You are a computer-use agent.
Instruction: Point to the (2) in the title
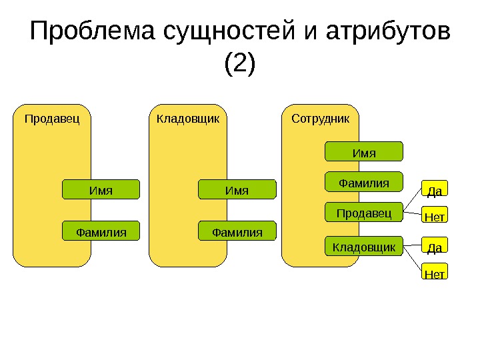[240, 65]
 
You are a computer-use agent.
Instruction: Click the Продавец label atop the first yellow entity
[52, 119]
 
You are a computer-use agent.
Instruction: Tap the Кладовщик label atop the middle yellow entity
[187, 119]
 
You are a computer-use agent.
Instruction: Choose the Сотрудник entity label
[321, 119]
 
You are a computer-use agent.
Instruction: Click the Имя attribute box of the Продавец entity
[101, 191]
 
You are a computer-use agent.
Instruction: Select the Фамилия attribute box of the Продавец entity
[101, 231]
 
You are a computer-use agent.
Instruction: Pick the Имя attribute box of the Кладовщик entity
[237, 191]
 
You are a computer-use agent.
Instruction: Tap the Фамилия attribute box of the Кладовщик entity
[237, 231]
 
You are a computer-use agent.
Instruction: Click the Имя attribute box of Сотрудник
[364, 152]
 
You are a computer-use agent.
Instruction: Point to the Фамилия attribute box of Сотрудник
[364, 182]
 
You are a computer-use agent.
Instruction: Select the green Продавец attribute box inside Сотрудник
[364, 213]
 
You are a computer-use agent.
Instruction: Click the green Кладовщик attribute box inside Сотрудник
[364, 247]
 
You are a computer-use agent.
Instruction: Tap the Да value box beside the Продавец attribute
[435, 191]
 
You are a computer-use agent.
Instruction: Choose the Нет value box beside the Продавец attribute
[435, 216]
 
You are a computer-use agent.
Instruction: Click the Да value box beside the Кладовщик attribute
[435, 247]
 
